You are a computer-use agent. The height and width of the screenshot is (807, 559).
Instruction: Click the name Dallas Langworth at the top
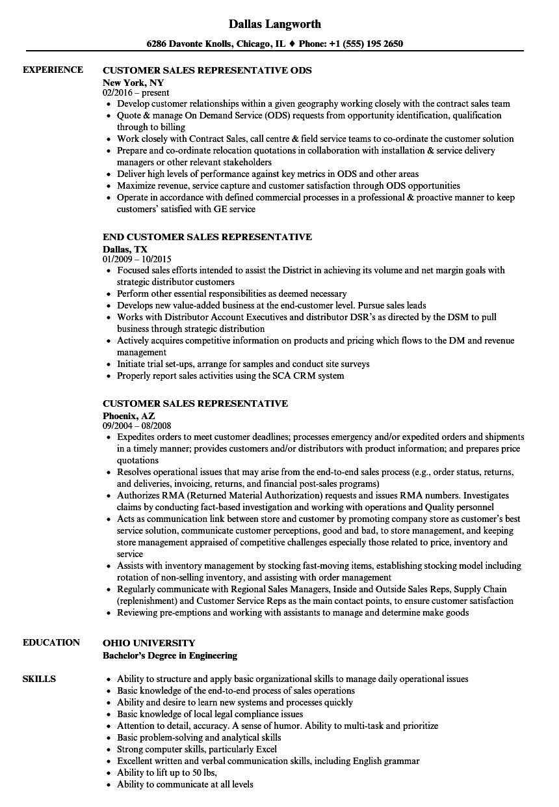[275, 24]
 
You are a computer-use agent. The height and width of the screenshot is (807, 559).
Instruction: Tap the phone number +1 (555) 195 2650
[365, 44]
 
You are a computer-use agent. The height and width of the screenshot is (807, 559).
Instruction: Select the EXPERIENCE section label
[53, 70]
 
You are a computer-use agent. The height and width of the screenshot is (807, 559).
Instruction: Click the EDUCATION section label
[51, 642]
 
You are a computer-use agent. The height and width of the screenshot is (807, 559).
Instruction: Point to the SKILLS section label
[39, 679]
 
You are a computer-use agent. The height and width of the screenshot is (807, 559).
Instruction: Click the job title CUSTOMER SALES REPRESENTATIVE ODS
[207, 70]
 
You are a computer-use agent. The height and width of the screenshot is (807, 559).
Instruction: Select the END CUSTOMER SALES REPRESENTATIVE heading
[207, 237]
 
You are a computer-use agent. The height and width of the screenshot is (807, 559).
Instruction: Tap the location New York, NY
[133, 83]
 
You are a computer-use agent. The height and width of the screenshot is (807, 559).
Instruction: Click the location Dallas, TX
[125, 249]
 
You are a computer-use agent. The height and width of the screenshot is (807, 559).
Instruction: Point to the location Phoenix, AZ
[129, 416]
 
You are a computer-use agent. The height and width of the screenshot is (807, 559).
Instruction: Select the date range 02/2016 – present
[136, 93]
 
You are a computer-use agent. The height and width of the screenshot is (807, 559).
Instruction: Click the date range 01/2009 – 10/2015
[137, 260]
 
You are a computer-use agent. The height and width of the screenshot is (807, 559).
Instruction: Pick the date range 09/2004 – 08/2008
[138, 426]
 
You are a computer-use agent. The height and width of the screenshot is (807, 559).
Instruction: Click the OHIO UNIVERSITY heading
[149, 643]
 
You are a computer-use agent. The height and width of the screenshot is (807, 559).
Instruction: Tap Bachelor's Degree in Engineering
[170, 655]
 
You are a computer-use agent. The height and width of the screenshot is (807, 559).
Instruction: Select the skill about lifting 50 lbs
[166, 773]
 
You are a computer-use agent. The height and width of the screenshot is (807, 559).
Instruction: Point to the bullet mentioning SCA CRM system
[231, 376]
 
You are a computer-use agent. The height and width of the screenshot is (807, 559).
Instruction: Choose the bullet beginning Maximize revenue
[289, 185]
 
